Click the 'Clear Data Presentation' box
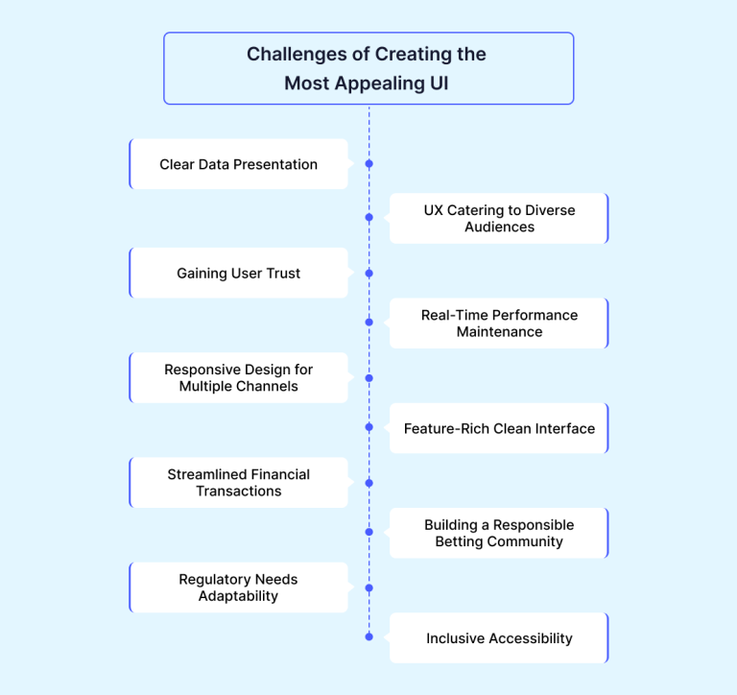click(239, 164)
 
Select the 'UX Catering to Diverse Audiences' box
click(499, 218)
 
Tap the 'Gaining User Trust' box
click(239, 273)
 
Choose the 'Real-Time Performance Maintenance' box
click(499, 324)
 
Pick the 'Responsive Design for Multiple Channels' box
click(239, 377)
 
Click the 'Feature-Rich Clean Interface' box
click(499, 428)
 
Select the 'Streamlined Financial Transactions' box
click(239, 483)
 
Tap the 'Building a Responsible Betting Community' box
click(499, 533)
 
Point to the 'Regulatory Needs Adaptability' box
click(239, 587)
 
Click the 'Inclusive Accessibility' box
click(499, 637)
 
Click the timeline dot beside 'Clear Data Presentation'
click(368, 163)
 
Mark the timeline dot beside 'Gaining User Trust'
click(368, 274)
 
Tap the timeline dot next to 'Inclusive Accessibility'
click(368, 636)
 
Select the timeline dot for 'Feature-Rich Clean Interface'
click(368, 427)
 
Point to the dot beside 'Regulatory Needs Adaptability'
click(368, 587)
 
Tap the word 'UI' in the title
click(439, 84)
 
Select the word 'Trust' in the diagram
click(283, 274)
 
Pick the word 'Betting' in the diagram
click(459, 541)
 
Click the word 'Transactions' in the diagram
click(239, 491)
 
